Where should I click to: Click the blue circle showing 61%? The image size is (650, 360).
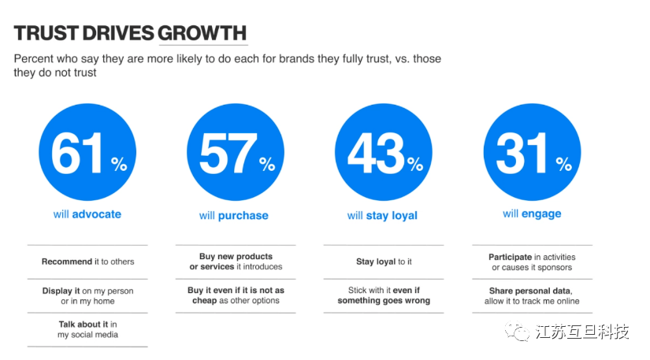click(x=87, y=153)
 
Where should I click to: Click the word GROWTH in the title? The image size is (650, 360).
click(x=202, y=34)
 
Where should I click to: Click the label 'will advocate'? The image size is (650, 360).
click(x=87, y=213)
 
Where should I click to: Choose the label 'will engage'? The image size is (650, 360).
click(x=532, y=213)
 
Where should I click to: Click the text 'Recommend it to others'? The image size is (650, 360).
click(x=87, y=262)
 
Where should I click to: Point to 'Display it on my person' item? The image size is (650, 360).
click(x=87, y=295)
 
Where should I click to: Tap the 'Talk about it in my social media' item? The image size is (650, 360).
click(x=87, y=329)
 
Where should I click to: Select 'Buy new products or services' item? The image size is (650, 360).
click(x=236, y=262)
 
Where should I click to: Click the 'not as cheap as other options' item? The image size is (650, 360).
click(x=236, y=295)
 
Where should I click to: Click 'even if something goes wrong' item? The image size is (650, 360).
click(x=384, y=295)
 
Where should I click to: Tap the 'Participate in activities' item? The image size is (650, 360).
click(x=532, y=262)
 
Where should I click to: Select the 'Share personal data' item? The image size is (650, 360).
click(x=532, y=295)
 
